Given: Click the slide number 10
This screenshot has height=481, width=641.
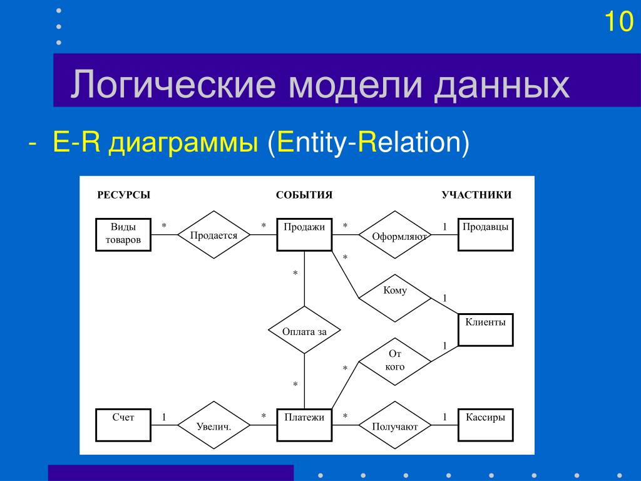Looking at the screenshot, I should coord(618,22).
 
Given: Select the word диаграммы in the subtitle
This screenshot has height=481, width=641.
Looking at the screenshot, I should coord(183,143).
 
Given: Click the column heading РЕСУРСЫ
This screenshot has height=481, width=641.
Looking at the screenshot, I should coord(124,195).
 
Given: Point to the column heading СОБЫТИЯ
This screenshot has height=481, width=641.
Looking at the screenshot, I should coord(304,195).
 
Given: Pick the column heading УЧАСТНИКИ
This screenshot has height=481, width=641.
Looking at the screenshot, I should coord(476,195).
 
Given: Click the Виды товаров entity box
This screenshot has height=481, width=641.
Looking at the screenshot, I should coord(123,234).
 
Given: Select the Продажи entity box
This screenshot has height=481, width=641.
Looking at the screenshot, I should coord(304,234).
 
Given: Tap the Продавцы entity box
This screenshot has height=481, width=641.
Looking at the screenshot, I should coord(485,234).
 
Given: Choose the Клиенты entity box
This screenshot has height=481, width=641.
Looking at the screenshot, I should coord(485,329).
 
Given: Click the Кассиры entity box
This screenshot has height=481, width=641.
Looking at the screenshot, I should coord(485,425).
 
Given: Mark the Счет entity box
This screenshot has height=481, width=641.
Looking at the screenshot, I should coord(123,425).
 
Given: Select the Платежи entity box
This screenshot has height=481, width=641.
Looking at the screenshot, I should coord(304,425).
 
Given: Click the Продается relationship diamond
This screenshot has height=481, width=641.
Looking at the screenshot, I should coord(214,235).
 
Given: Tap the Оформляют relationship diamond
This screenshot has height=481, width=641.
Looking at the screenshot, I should coord(395,235).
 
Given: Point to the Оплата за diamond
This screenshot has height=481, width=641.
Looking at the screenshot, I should coord(304,330).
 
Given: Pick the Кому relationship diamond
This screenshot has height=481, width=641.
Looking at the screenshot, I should coord(395,296).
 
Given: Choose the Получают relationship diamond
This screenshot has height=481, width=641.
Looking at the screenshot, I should coord(395,425).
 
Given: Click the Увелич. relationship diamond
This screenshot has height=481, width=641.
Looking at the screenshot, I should coord(214,425).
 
